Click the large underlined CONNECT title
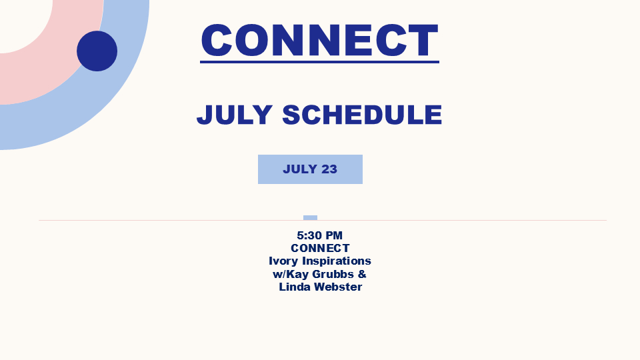tap(319, 40)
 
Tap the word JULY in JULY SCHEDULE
tap(235, 115)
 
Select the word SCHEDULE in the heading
tap(362, 115)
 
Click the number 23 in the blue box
tap(329, 169)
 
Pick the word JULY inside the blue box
tap(300, 169)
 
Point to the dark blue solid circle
tap(97, 51)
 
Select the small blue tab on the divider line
tap(310, 218)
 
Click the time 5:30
tap(309, 235)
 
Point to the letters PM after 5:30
tap(334, 235)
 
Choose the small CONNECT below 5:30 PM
tap(321, 248)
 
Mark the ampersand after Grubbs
tap(362, 274)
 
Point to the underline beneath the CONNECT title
tap(319, 62)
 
